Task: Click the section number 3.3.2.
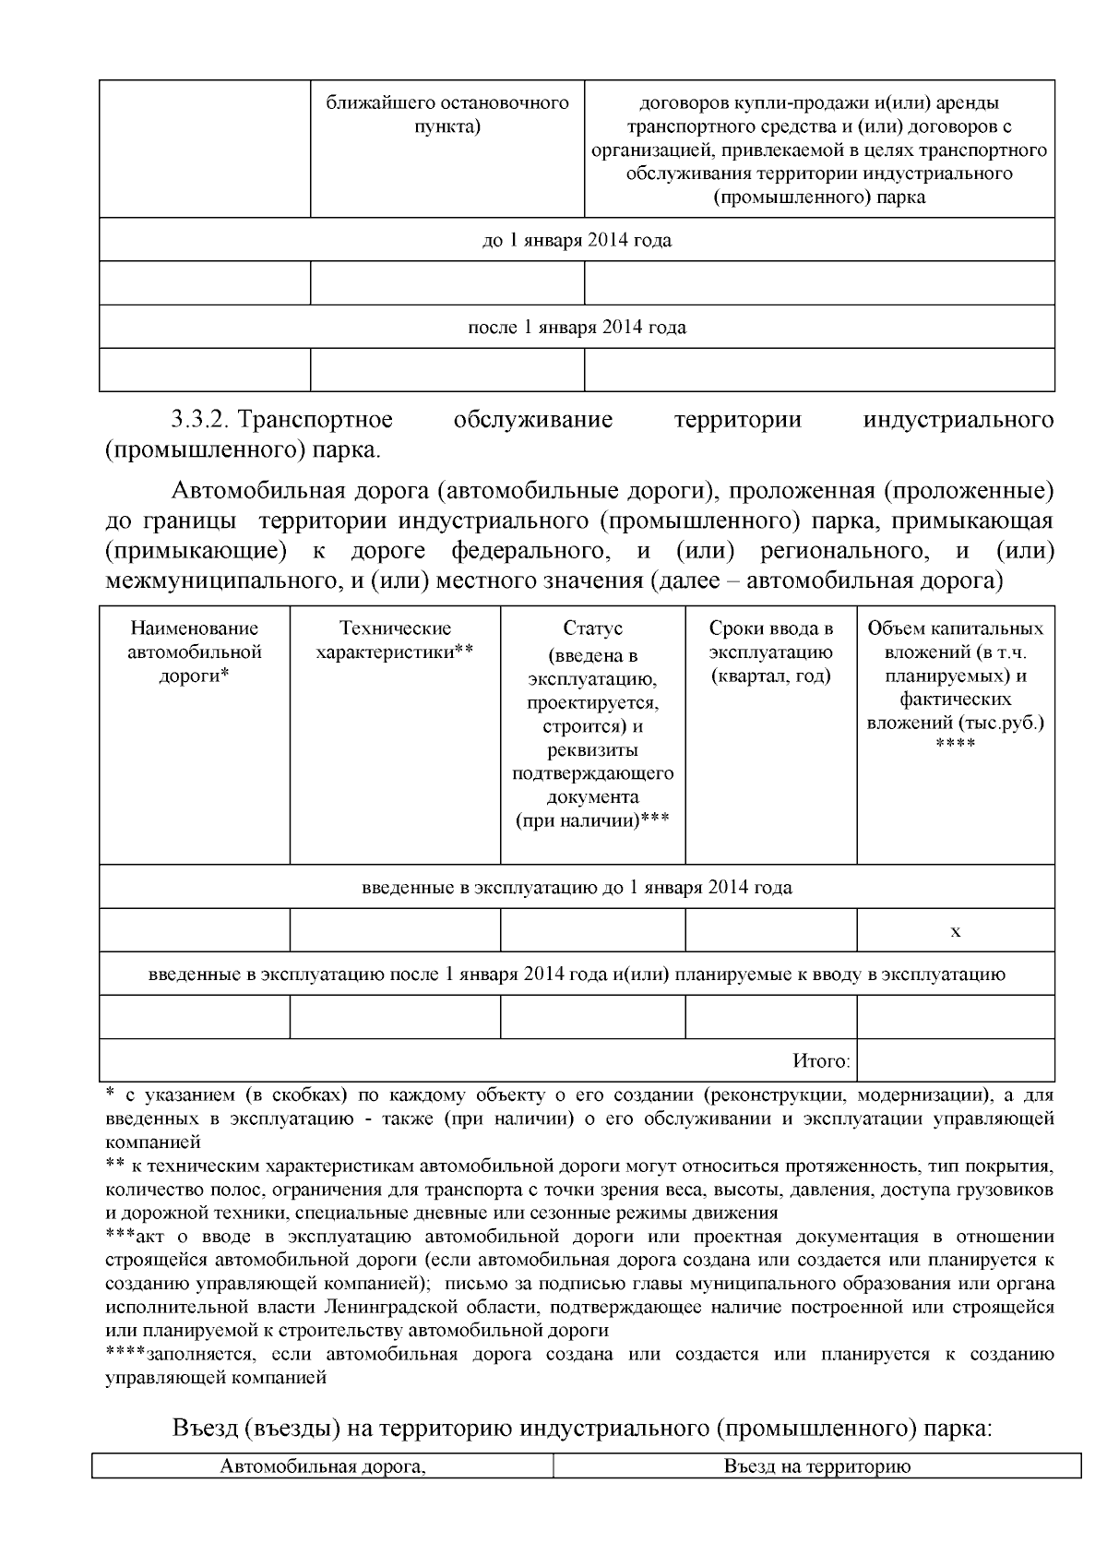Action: point(200,421)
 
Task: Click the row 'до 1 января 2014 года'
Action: point(577,241)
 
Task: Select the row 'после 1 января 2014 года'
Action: point(577,328)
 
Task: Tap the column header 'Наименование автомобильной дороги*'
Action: point(194,652)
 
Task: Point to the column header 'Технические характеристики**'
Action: point(395,640)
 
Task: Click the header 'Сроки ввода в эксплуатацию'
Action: point(770,652)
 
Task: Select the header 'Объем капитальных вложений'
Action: point(955,676)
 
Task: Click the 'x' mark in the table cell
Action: point(955,932)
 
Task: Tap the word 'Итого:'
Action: point(821,1061)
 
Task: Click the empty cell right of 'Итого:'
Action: point(955,1061)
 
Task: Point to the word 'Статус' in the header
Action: point(592,629)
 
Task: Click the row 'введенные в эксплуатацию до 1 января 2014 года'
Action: point(577,888)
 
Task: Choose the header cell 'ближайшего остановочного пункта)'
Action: point(447,114)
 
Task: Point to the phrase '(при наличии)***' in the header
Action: point(592,820)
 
